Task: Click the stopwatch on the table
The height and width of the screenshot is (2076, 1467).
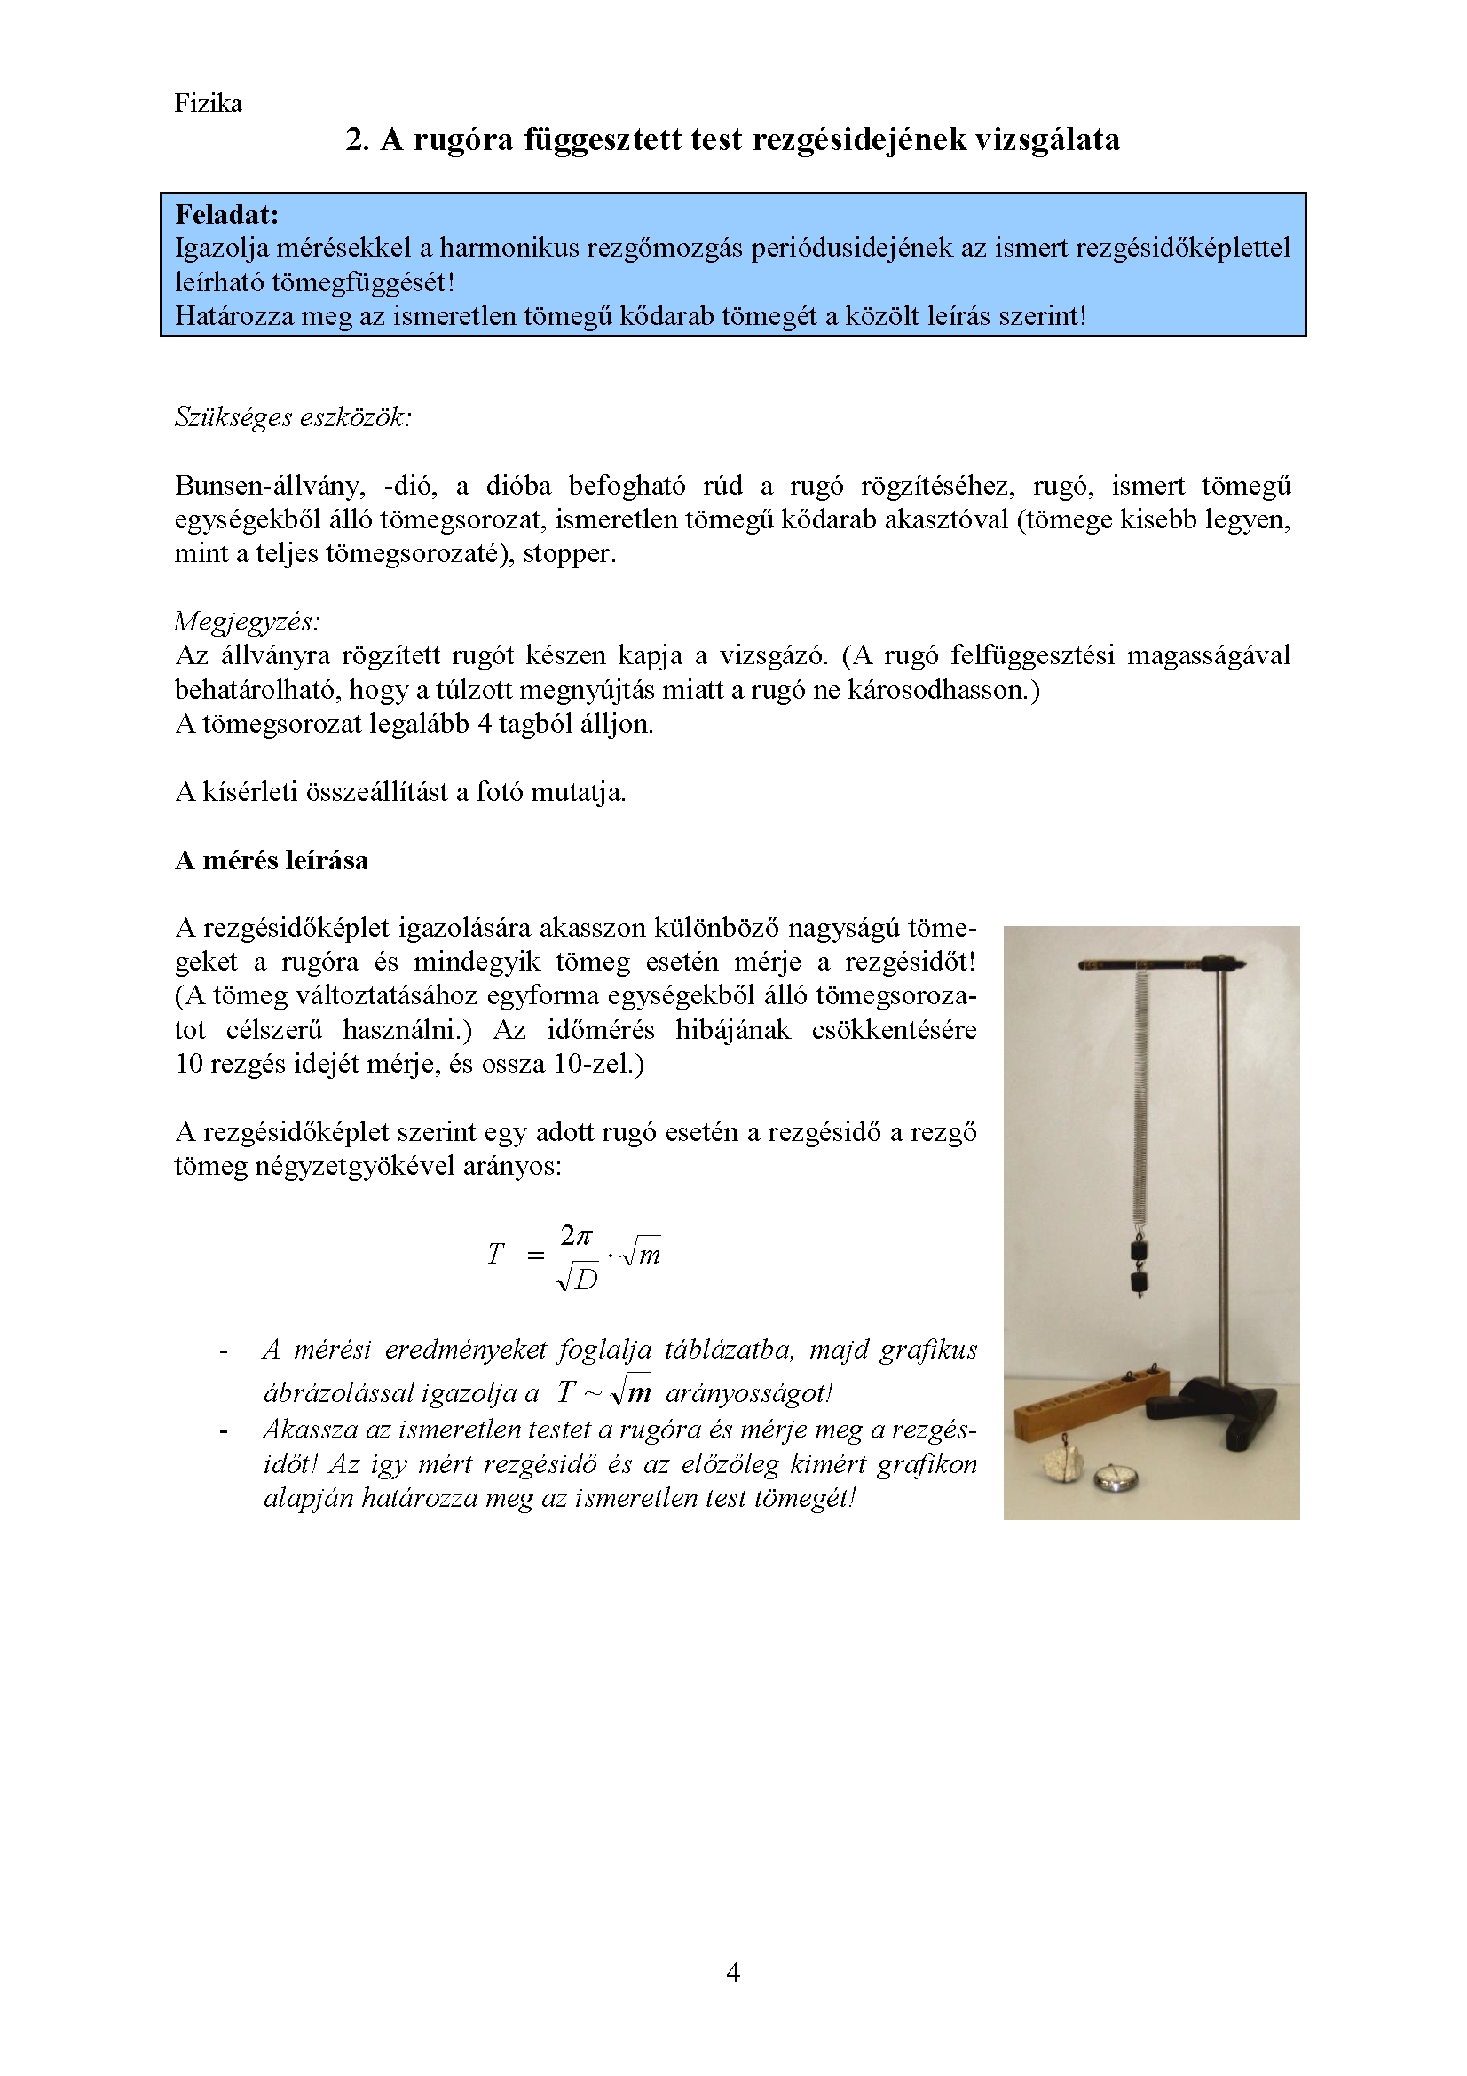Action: [x=1116, y=1479]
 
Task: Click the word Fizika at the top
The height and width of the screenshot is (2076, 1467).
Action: [x=208, y=103]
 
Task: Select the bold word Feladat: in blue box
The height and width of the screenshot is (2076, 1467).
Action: [x=227, y=214]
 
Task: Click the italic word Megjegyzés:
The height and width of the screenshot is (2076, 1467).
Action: [x=247, y=622]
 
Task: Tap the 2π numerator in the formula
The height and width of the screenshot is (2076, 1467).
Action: [x=576, y=1235]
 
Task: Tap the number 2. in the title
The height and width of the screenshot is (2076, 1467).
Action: [x=357, y=139]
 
